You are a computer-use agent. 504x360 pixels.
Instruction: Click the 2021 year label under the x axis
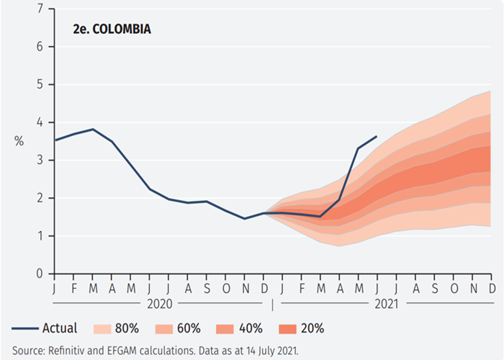click(x=384, y=303)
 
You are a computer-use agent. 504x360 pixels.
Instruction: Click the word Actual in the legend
click(x=60, y=329)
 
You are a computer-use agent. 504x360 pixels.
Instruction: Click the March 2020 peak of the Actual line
click(x=92, y=129)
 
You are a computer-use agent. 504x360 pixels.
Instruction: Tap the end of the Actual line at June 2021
click(x=377, y=136)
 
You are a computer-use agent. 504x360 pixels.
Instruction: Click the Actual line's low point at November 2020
click(x=244, y=218)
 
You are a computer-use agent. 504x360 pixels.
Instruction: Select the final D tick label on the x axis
click(x=492, y=288)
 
